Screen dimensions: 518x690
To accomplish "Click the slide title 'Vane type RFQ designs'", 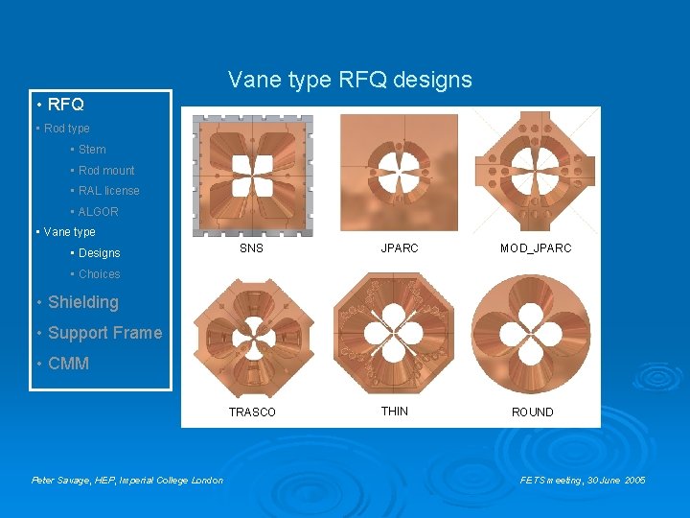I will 350,80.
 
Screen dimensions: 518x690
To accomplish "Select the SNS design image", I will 252,176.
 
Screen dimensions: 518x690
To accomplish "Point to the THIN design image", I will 395,336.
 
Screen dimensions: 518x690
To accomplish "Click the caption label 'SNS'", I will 251,247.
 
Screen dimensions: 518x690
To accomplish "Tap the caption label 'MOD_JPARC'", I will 535,247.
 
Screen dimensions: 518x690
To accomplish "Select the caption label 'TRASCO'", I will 252,412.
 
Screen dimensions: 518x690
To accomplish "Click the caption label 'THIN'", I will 394,411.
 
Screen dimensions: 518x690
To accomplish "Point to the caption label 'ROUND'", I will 532,412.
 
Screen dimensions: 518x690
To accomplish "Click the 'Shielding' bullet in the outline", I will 83,302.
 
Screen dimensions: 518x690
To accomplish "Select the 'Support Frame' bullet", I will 104,333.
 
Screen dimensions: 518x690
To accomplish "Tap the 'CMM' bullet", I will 68,364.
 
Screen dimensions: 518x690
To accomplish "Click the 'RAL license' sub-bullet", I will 108,191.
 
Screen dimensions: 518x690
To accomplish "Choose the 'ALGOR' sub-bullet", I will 98,212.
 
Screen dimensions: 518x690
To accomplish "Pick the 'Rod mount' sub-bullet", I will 106,170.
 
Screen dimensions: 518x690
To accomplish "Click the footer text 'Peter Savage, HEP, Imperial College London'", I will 127,480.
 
